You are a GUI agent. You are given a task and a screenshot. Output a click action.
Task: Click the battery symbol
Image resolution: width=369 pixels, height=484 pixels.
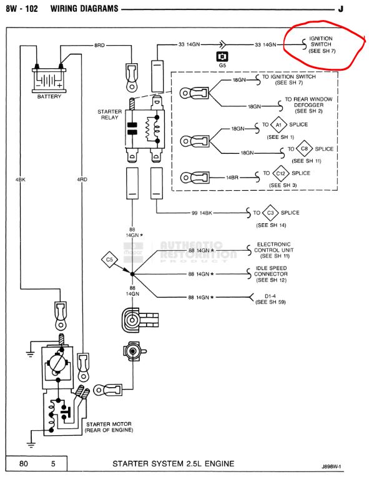tap(49, 80)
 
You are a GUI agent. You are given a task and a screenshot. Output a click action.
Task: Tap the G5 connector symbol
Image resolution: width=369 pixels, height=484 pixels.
tap(222, 56)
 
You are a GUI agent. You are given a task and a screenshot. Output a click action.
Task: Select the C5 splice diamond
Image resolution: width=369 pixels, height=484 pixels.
tap(109, 260)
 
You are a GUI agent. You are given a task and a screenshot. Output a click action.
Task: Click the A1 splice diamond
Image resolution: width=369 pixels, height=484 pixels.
tap(278, 125)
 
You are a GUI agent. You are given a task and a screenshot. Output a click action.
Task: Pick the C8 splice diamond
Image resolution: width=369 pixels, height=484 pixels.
tap(304, 149)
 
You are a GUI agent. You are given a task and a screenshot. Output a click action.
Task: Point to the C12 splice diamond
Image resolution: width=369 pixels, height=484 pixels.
tap(280, 173)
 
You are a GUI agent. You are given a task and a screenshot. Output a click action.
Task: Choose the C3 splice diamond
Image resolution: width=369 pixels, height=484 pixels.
tap(270, 213)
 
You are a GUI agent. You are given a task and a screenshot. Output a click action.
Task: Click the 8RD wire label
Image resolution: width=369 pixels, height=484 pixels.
tap(99, 46)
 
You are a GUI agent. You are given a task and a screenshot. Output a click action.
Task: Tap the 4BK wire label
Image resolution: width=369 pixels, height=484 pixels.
tap(21, 179)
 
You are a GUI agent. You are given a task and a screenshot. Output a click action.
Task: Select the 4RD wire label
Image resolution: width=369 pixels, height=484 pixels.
tap(82, 179)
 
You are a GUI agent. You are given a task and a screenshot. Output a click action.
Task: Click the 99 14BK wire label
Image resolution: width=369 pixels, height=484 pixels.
tap(202, 213)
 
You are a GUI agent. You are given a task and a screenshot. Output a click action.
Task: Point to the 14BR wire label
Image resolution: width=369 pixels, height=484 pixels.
tap(232, 178)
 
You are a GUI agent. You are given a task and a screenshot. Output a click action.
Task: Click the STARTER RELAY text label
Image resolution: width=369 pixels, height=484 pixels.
tap(109, 114)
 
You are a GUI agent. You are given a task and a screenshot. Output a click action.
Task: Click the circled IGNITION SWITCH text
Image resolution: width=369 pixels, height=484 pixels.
tap(321, 41)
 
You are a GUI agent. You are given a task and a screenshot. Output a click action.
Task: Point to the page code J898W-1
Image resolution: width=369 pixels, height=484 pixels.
tap(332, 466)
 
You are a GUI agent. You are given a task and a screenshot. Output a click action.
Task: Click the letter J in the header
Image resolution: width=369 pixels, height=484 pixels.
tap(340, 9)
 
